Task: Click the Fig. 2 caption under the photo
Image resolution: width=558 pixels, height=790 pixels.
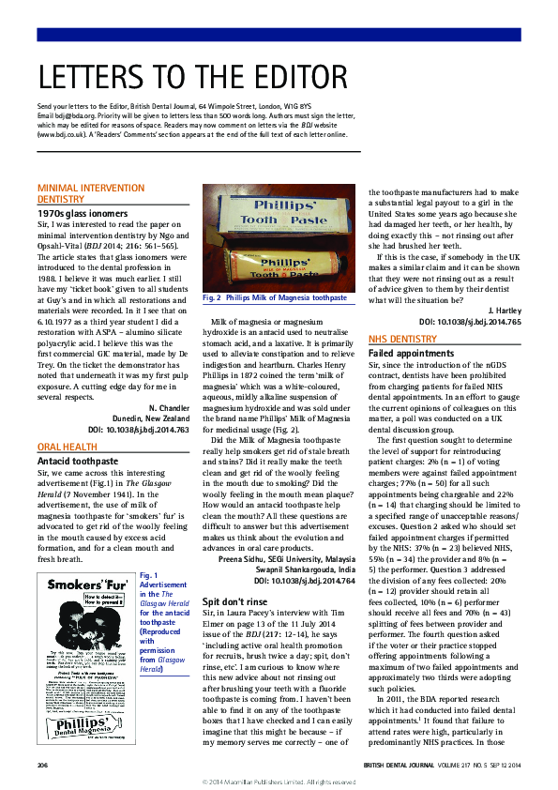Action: click(274, 297)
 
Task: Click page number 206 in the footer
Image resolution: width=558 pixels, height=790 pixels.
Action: click(43, 765)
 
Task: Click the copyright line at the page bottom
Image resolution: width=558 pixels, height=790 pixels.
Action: click(279, 782)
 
